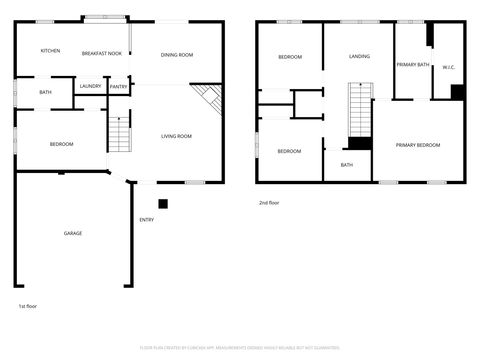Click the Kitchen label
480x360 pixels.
coord(50,51)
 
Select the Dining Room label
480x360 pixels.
coord(177,54)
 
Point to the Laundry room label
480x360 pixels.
coord(90,87)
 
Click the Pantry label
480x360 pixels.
coord(118,87)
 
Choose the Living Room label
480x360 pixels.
coord(177,136)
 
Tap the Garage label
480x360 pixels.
coord(73,233)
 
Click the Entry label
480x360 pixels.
coord(147,220)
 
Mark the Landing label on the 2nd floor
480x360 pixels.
coord(359,57)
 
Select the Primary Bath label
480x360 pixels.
coord(412,64)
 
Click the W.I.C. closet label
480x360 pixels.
coord(449,68)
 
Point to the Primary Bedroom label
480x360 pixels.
coord(417,146)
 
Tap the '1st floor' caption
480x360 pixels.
coord(28,305)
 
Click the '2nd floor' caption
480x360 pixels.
coord(269,203)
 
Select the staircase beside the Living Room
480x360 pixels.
coord(120,133)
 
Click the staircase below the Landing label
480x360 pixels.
coord(359,112)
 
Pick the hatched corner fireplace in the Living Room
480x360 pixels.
coord(208,97)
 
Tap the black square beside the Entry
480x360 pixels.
coord(163,203)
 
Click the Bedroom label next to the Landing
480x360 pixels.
coord(290,57)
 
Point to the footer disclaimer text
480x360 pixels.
coord(240,347)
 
